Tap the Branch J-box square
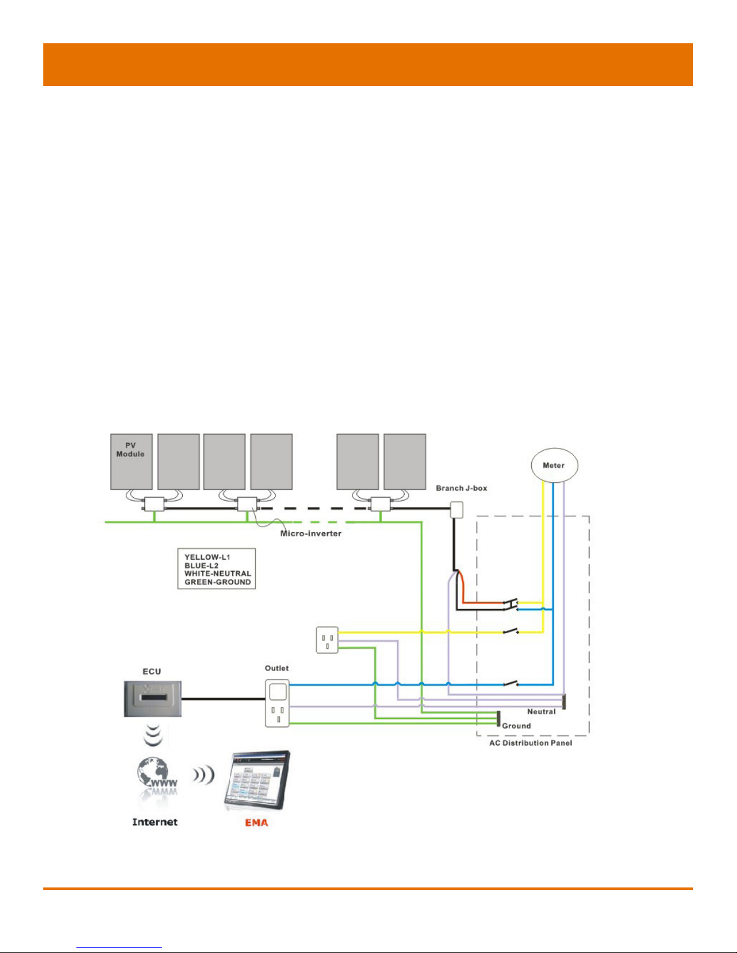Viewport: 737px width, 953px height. click(457, 510)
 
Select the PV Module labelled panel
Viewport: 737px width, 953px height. click(131, 462)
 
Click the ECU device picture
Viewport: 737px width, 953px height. click(153, 699)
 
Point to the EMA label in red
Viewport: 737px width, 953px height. click(256, 823)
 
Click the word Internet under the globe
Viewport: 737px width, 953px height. click(155, 822)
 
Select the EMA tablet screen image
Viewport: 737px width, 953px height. click(257, 782)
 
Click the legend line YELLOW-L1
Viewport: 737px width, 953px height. click(207, 557)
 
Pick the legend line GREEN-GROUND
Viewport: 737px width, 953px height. click(218, 582)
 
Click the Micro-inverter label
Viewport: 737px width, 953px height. click(310, 534)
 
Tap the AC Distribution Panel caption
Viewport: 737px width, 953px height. click(531, 743)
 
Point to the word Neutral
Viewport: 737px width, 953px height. click(541, 711)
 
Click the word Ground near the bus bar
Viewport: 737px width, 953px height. click(516, 726)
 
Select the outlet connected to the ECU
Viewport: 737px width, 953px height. click(277, 703)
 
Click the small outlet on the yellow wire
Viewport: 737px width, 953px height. click(327, 640)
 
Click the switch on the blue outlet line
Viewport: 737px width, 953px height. click(511, 683)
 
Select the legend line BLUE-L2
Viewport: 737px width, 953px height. click(202, 565)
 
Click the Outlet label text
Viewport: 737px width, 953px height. click(277, 669)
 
